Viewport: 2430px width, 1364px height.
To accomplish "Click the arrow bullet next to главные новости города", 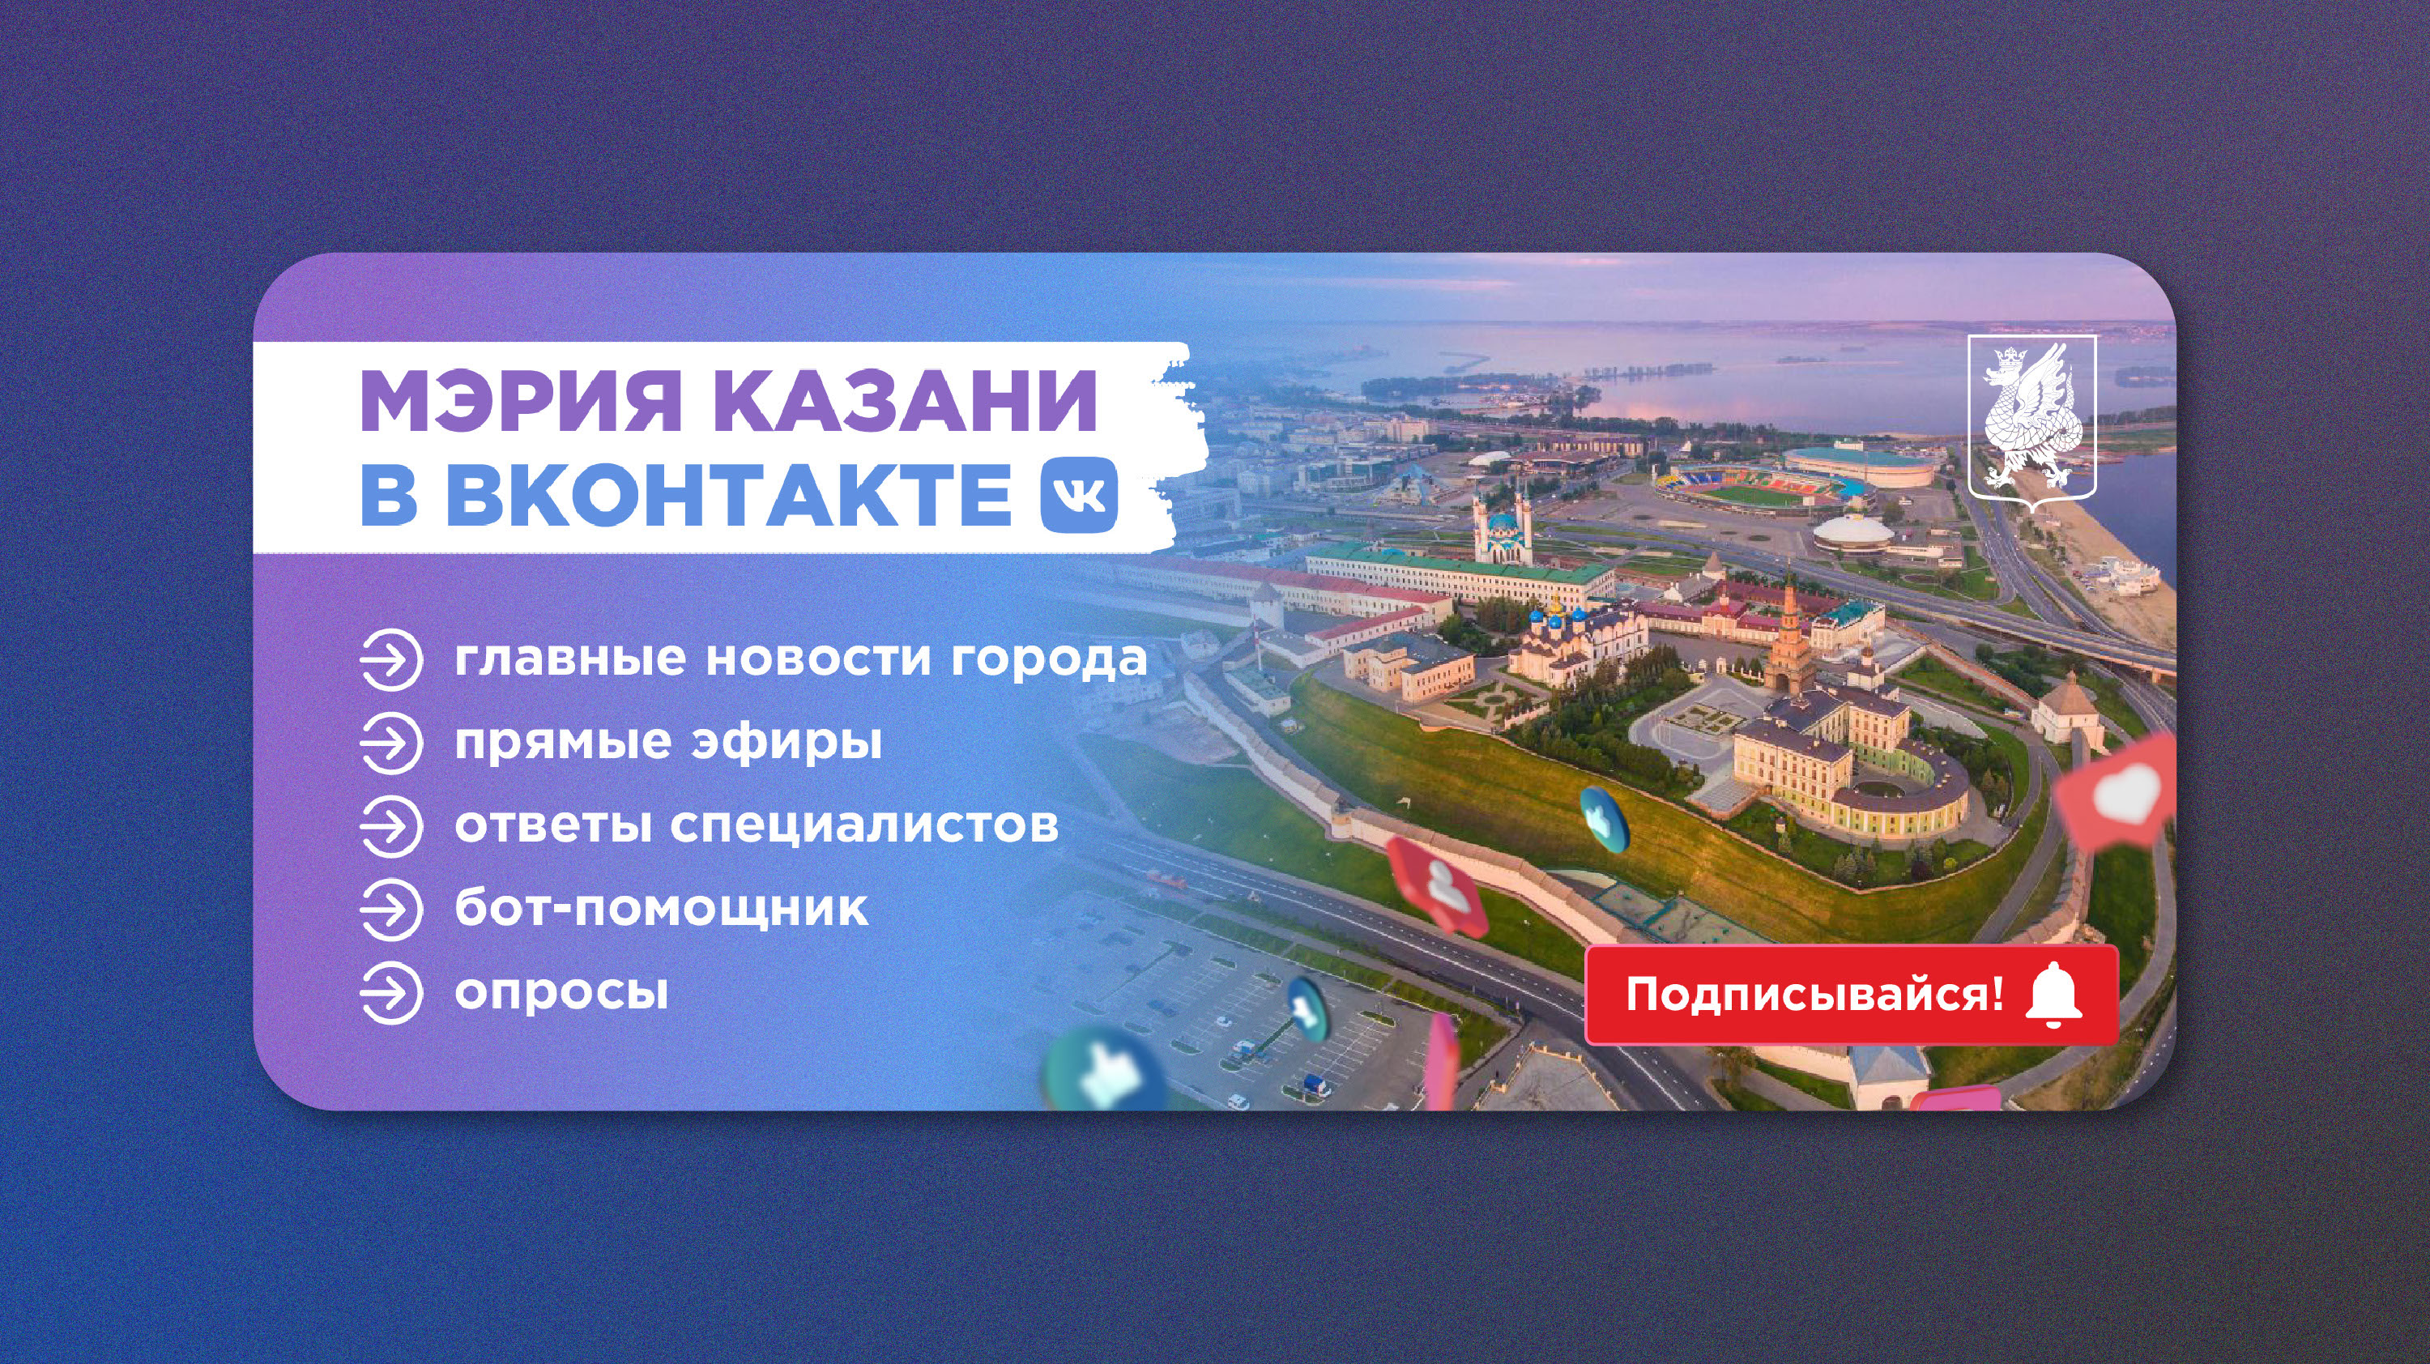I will [390, 659].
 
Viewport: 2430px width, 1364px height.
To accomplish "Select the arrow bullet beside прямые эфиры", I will [390, 743].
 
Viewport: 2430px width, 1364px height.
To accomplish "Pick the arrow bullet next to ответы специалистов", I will [390, 825].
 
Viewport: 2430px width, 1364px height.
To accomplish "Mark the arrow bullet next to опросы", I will [390, 992].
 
